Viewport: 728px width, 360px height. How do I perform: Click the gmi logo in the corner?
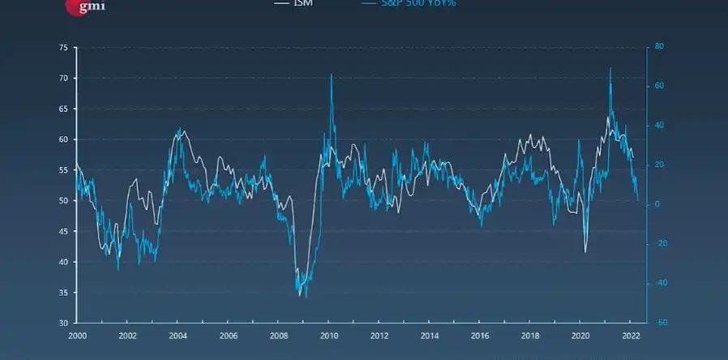click(x=85, y=6)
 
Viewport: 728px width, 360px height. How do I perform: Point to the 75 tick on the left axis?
click(x=62, y=48)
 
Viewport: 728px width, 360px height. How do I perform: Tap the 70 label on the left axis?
click(x=62, y=79)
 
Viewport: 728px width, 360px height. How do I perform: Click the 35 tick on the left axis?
click(x=62, y=293)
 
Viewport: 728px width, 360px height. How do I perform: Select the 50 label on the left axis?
click(x=62, y=201)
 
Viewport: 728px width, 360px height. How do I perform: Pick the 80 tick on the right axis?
click(x=659, y=47)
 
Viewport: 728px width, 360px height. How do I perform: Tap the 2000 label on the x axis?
click(x=77, y=335)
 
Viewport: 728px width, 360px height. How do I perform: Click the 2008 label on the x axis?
click(x=278, y=335)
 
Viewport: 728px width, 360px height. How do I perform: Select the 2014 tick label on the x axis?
click(x=430, y=335)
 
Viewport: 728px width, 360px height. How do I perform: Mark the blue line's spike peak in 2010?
click(x=331, y=75)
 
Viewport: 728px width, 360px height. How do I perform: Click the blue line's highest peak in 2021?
click(x=610, y=68)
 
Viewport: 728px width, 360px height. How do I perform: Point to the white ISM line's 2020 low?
click(x=585, y=252)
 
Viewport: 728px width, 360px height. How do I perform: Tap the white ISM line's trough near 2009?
click(x=300, y=296)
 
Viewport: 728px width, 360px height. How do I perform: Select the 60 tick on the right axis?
click(x=659, y=86)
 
